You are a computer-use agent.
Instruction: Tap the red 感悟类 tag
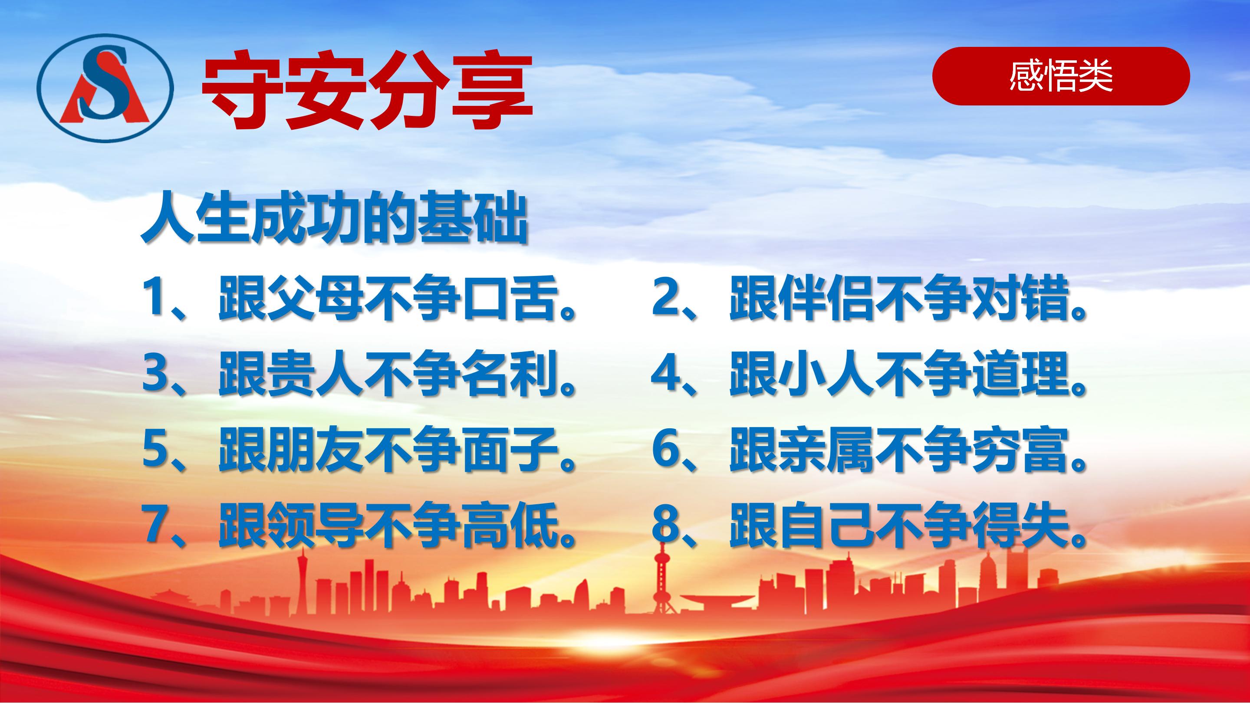pos(1061,76)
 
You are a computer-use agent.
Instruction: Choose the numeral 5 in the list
pos(155,449)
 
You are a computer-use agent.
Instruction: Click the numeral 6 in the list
pos(665,449)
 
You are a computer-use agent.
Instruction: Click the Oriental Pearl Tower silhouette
pos(661,577)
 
